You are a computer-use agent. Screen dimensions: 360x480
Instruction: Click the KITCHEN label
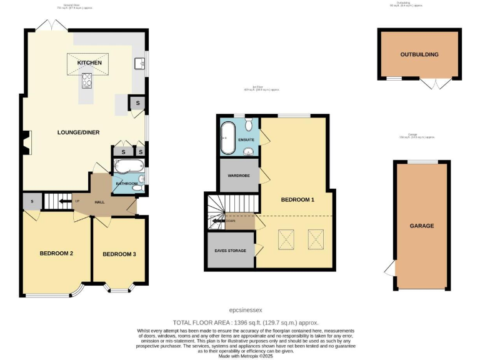click(x=89, y=63)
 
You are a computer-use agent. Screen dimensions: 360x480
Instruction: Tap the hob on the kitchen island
click(x=87, y=80)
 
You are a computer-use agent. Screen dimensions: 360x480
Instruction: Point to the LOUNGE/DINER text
click(x=79, y=132)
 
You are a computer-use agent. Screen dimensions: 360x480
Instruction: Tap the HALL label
click(x=99, y=202)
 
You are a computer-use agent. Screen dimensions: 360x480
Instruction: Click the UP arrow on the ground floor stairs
click(x=63, y=201)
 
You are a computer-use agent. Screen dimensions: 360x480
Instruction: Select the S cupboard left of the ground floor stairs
click(x=31, y=201)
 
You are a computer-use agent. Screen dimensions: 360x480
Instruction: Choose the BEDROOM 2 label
click(x=57, y=254)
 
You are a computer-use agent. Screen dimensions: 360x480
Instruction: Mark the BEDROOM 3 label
click(x=119, y=254)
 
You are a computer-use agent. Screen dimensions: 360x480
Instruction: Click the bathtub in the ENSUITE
click(x=227, y=138)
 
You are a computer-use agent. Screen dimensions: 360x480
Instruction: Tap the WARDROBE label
click(x=238, y=176)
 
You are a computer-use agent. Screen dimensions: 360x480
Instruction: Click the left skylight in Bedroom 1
click(x=287, y=237)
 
